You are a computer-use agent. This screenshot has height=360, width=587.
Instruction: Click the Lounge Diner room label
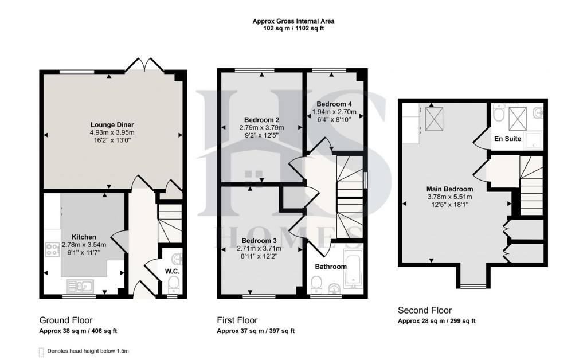click(x=112, y=124)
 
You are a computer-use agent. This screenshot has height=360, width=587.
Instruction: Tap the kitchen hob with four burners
click(x=53, y=249)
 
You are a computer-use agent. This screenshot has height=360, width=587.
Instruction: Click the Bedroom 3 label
click(x=259, y=240)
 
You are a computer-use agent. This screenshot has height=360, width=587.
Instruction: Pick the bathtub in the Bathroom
click(x=353, y=268)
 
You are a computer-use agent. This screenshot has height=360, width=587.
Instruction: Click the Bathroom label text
click(x=331, y=267)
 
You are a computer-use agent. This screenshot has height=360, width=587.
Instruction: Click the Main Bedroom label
click(x=449, y=189)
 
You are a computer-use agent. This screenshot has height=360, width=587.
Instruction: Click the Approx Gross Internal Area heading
click(x=293, y=21)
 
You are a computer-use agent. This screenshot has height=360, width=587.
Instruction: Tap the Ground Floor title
click(x=65, y=320)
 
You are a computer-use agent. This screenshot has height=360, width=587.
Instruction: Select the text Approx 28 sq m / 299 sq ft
click(x=437, y=321)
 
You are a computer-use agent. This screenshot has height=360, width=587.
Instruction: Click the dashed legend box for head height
click(x=40, y=351)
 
